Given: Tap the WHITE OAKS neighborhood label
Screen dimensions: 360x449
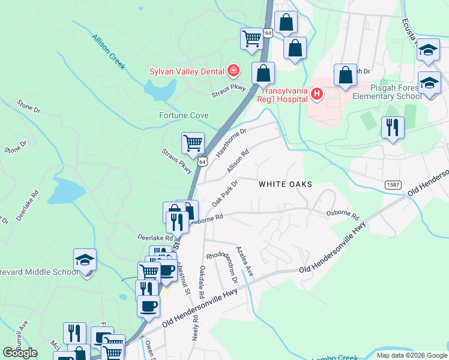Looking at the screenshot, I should point(286,184).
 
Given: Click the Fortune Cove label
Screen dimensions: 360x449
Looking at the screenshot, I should point(184,115).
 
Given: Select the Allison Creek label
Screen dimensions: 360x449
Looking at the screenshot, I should point(109,52).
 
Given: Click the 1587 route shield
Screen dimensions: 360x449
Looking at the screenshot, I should point(393,185).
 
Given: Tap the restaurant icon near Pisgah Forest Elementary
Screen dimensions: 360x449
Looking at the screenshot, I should point(393,127).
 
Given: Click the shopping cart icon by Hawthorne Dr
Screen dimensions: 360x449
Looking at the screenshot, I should point(193,143).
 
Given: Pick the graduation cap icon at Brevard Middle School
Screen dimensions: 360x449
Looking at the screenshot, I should point(85,260).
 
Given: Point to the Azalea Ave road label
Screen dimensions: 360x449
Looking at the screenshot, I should point(244,261).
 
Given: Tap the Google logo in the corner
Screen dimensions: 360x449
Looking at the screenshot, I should point(20,353).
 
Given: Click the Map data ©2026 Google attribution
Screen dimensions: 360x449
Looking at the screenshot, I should point(411,355).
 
